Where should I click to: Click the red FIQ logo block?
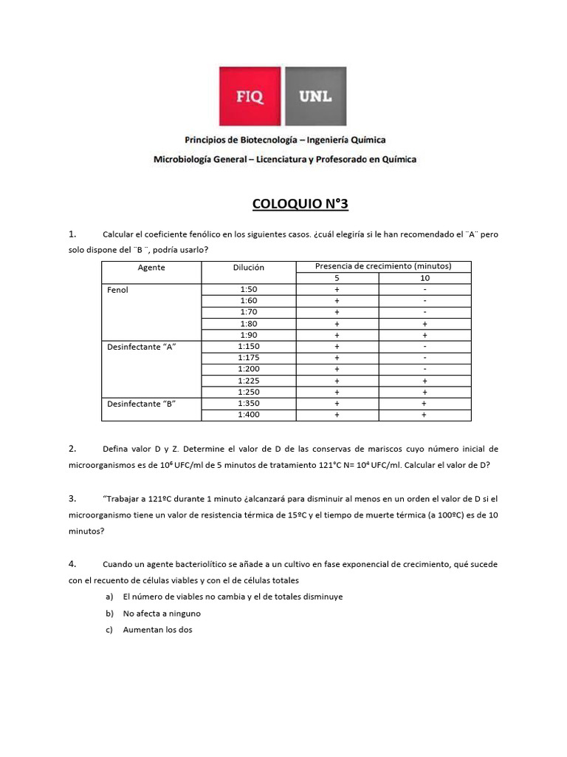250,97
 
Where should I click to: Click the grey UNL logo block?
315,97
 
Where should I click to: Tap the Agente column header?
151,267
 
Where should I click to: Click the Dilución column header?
248,267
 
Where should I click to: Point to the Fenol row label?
118,290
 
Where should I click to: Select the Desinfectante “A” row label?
142,347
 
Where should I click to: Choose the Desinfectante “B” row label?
142,404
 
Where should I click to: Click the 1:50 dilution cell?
248,289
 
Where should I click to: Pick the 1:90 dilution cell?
248,335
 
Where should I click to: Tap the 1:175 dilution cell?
248,358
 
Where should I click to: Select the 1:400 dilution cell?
248,415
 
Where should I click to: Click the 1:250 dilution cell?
248,392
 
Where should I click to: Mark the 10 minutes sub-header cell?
425,278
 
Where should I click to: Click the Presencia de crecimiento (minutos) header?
383,266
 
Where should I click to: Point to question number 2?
73,449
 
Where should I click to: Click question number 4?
73,563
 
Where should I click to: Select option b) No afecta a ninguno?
162,614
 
